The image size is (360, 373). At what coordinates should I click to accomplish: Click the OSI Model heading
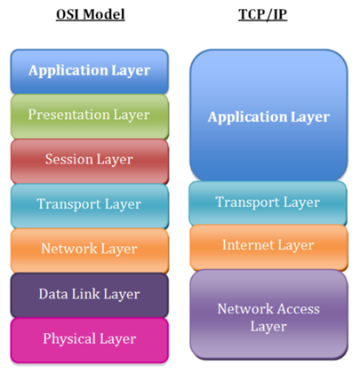point(91,14)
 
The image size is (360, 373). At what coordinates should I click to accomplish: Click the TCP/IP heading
point(262,14)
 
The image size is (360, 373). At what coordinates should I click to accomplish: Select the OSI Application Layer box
point(90,72)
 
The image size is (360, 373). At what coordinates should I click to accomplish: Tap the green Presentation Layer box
point(90,116)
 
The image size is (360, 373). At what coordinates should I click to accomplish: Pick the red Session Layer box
point(90,162)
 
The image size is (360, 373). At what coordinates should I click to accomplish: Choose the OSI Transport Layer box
point(90,206)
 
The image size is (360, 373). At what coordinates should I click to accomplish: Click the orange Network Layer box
point(90,250)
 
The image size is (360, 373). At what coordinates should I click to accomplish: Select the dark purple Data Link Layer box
point(90,296)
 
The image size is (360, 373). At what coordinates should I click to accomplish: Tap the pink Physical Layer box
point(90,340)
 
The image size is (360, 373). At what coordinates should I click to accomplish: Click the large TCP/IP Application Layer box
point(268,115)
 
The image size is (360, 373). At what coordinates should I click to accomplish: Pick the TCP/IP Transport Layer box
point(268,203)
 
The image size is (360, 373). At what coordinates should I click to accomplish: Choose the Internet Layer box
point(268,248)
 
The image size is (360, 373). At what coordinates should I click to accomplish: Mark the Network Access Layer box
point(268,314)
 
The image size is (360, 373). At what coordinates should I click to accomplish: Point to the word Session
point(68,159)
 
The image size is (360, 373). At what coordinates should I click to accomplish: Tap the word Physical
point(69,338)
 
